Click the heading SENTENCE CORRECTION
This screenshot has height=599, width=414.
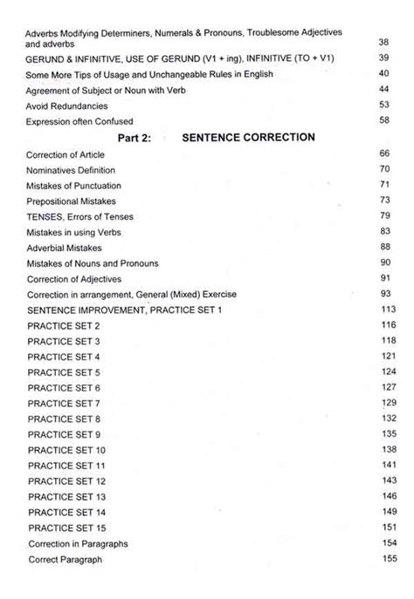(x=248, y=138)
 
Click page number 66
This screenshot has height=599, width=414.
(x=384, y=154)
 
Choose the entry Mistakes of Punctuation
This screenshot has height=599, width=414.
(x=74, y=186)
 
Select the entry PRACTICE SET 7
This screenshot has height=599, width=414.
(x=64, y=404)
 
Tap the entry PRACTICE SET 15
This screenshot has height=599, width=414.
(x=66, y=528)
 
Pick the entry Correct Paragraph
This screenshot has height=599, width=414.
(x=65, y=560)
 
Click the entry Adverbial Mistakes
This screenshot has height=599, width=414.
(x=66, y=248)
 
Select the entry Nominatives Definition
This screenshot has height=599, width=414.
(x=71, y=170)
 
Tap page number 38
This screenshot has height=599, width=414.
(x=384, y=42)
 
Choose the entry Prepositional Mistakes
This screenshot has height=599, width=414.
(x=72, y=201)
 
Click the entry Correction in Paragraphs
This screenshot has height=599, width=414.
(x=78, y=544)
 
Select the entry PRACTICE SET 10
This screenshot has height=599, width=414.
(x=66, y=450)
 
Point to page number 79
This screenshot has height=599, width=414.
(x=384, y=216)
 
